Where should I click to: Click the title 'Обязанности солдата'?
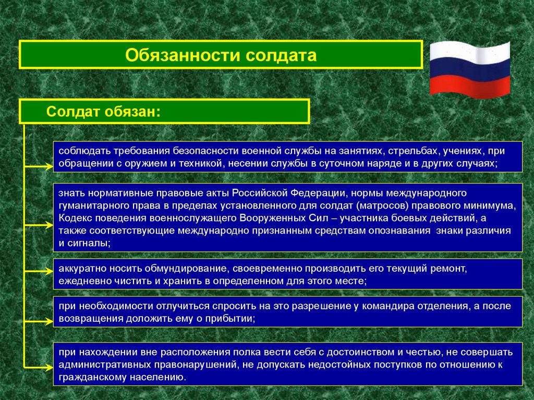point(221,55)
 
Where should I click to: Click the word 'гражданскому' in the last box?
point(88,376)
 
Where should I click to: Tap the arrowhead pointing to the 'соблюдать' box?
point(48,167)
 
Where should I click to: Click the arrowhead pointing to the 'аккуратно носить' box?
point(48,271)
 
